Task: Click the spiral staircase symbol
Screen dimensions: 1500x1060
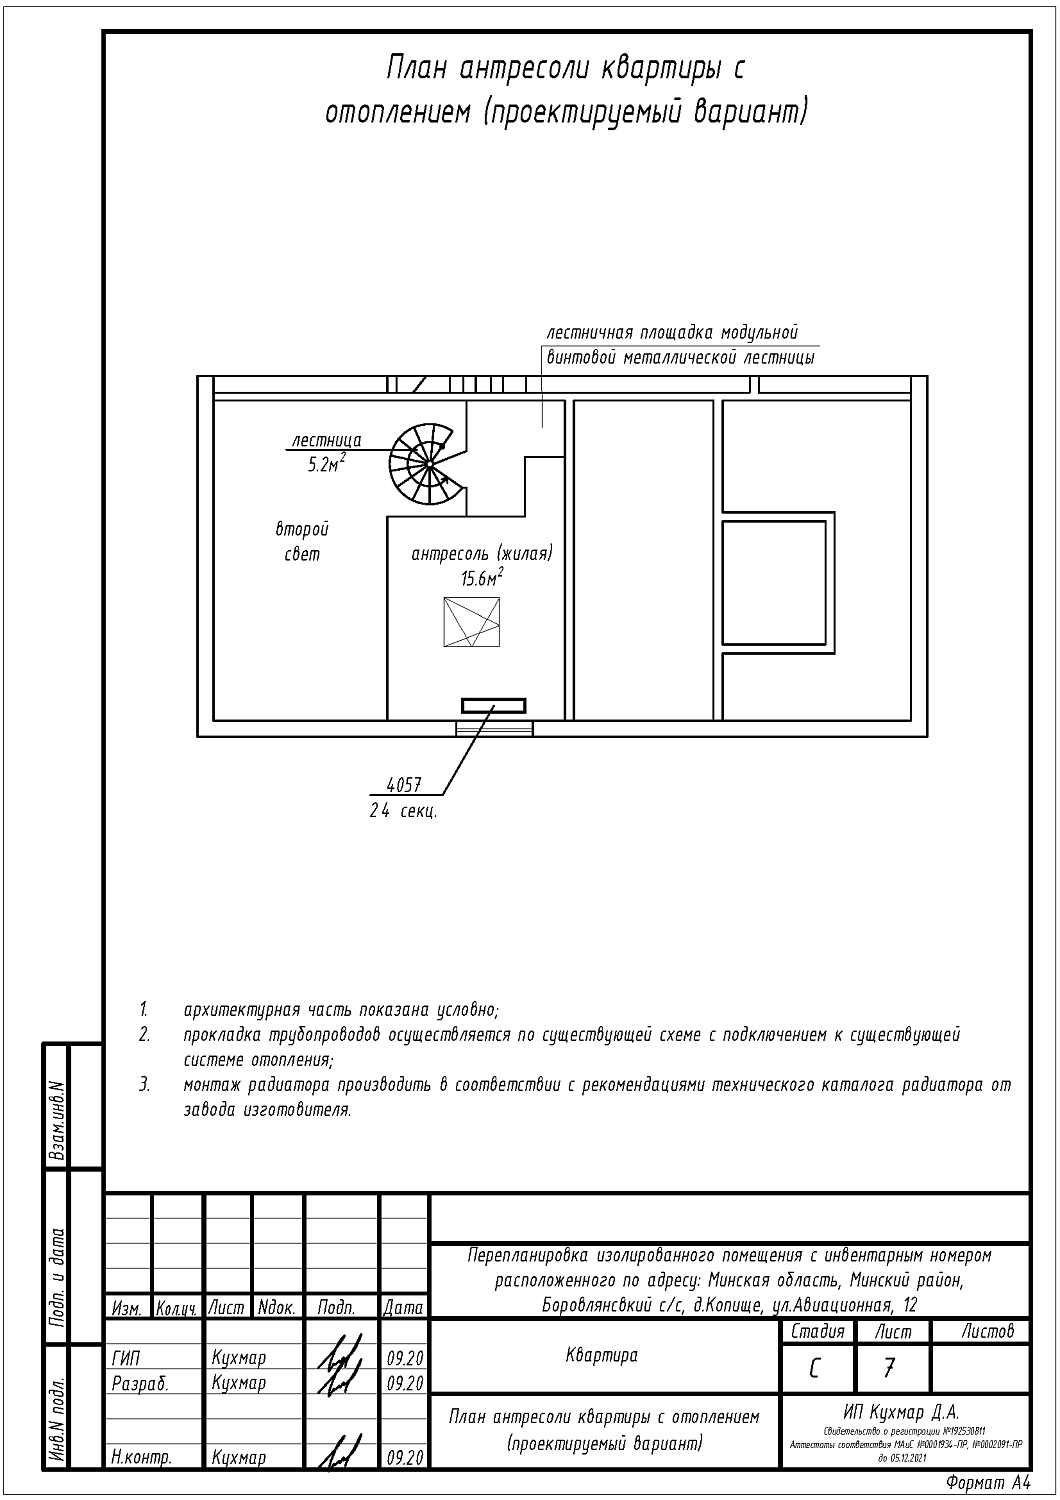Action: point(426,464)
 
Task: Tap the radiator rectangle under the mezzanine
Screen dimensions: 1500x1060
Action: point(493,705)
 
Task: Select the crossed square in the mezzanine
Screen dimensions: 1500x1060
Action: point(471,622)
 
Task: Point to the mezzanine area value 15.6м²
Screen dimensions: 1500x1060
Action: point(482,577)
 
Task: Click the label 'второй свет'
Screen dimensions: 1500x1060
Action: point(302,541)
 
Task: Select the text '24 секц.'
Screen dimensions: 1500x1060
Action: point(403,811)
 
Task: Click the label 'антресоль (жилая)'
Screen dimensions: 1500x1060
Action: point(482,553)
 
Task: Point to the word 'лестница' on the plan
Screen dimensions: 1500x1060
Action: point(326,440)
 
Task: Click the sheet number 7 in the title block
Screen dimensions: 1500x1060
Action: point(890,1367)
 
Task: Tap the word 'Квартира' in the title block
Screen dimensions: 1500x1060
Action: point(602,1356)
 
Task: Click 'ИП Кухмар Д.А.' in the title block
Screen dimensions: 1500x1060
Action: point(901,1412)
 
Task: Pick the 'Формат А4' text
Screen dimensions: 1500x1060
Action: point(986,1482)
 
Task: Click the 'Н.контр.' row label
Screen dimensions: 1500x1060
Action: point(142,1458)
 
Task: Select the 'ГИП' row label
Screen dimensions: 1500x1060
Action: point(126,1358)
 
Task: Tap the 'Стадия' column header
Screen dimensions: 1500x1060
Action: point(817,1331)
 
